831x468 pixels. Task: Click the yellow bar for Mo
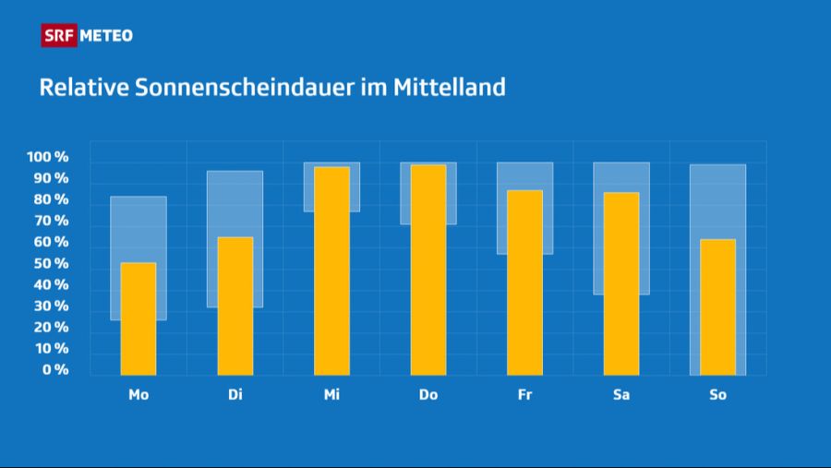[138, 318]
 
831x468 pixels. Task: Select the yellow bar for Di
[235, 306]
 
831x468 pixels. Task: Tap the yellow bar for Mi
[331, 270]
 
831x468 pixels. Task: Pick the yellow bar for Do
[428, 270]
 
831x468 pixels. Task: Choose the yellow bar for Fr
[524, 282]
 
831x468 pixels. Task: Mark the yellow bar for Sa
[621, 283]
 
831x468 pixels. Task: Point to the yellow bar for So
[717, 306]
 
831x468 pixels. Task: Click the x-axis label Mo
[138, 395]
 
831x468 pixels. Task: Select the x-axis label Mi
[331, 395]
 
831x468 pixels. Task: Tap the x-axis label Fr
[524, 395]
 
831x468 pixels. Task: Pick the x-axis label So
[717, 395]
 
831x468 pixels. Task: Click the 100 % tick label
[48, 158]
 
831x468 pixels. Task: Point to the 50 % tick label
[51, 264]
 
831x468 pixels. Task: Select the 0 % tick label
[54, 370]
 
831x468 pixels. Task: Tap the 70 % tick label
[51, 222]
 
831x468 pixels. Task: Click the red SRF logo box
[59, 36]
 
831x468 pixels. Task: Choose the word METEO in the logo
[106, 36]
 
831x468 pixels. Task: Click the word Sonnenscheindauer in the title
[242, 89]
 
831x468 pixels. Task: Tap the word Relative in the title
[83, 89]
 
